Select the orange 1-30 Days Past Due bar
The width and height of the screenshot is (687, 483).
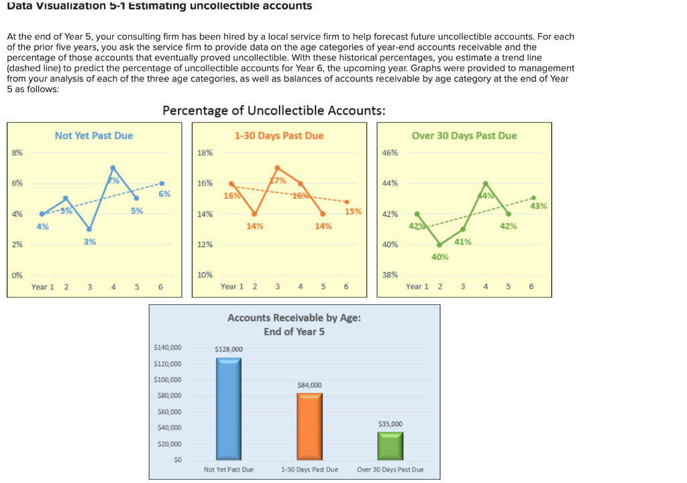(x=309, y=426)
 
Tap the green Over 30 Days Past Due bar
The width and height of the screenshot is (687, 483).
(x=390, y=445)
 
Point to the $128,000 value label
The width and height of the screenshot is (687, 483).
(x=229, y=349)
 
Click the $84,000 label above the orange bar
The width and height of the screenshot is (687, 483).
(x=309, y=385)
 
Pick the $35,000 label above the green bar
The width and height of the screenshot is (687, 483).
(x=390, y=424)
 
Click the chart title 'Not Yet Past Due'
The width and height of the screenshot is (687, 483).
(x=94, y=136)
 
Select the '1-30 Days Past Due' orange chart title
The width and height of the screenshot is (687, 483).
(x=279, y=136)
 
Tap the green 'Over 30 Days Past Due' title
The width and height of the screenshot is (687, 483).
(x=464, y=136)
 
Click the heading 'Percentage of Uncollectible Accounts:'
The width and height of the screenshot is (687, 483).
(x=274, y=111)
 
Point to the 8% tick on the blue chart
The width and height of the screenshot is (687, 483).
(x=17, y=153)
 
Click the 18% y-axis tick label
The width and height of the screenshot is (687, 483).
(x=205, y=153)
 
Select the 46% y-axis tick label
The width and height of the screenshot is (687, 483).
(x=390, y=153)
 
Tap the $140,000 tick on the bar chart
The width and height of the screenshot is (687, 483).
(x=168, y=348)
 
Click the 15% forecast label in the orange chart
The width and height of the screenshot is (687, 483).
(x=353, y=212)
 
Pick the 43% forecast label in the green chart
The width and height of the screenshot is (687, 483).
(x=538, y=206)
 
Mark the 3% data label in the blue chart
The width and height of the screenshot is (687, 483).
(x=90, y=241)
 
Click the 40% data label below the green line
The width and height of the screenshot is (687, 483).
(x=439, y=257)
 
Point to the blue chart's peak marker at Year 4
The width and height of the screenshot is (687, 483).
(x=113, y=167)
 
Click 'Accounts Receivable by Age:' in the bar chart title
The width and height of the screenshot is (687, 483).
(x=295, y=318)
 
